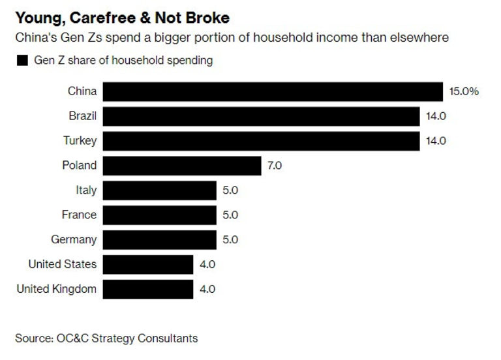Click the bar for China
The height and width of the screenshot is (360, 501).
point(273,91)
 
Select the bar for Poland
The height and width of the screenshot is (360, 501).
point(182,166)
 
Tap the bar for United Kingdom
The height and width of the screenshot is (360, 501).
point(148,289)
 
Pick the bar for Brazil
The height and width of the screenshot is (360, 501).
point(261,116)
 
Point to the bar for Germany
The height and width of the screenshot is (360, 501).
point(159,239)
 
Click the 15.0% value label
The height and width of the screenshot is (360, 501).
point(464,91)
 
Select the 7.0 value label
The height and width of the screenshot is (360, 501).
point(274,166)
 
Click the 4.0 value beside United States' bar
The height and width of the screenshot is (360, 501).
point(207,264)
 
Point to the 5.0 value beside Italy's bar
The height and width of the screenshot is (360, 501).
point(230,190)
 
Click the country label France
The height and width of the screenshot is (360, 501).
point(78,215)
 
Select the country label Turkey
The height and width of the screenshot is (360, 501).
point(81,141)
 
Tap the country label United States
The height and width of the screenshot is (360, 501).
point(63,264)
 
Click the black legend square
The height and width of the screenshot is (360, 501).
point(22,61)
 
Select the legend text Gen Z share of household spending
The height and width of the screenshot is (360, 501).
point(123,61)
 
